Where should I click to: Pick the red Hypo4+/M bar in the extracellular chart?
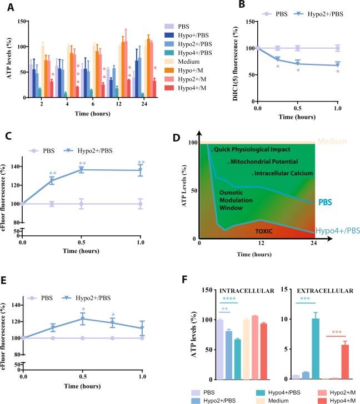(344, 362)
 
